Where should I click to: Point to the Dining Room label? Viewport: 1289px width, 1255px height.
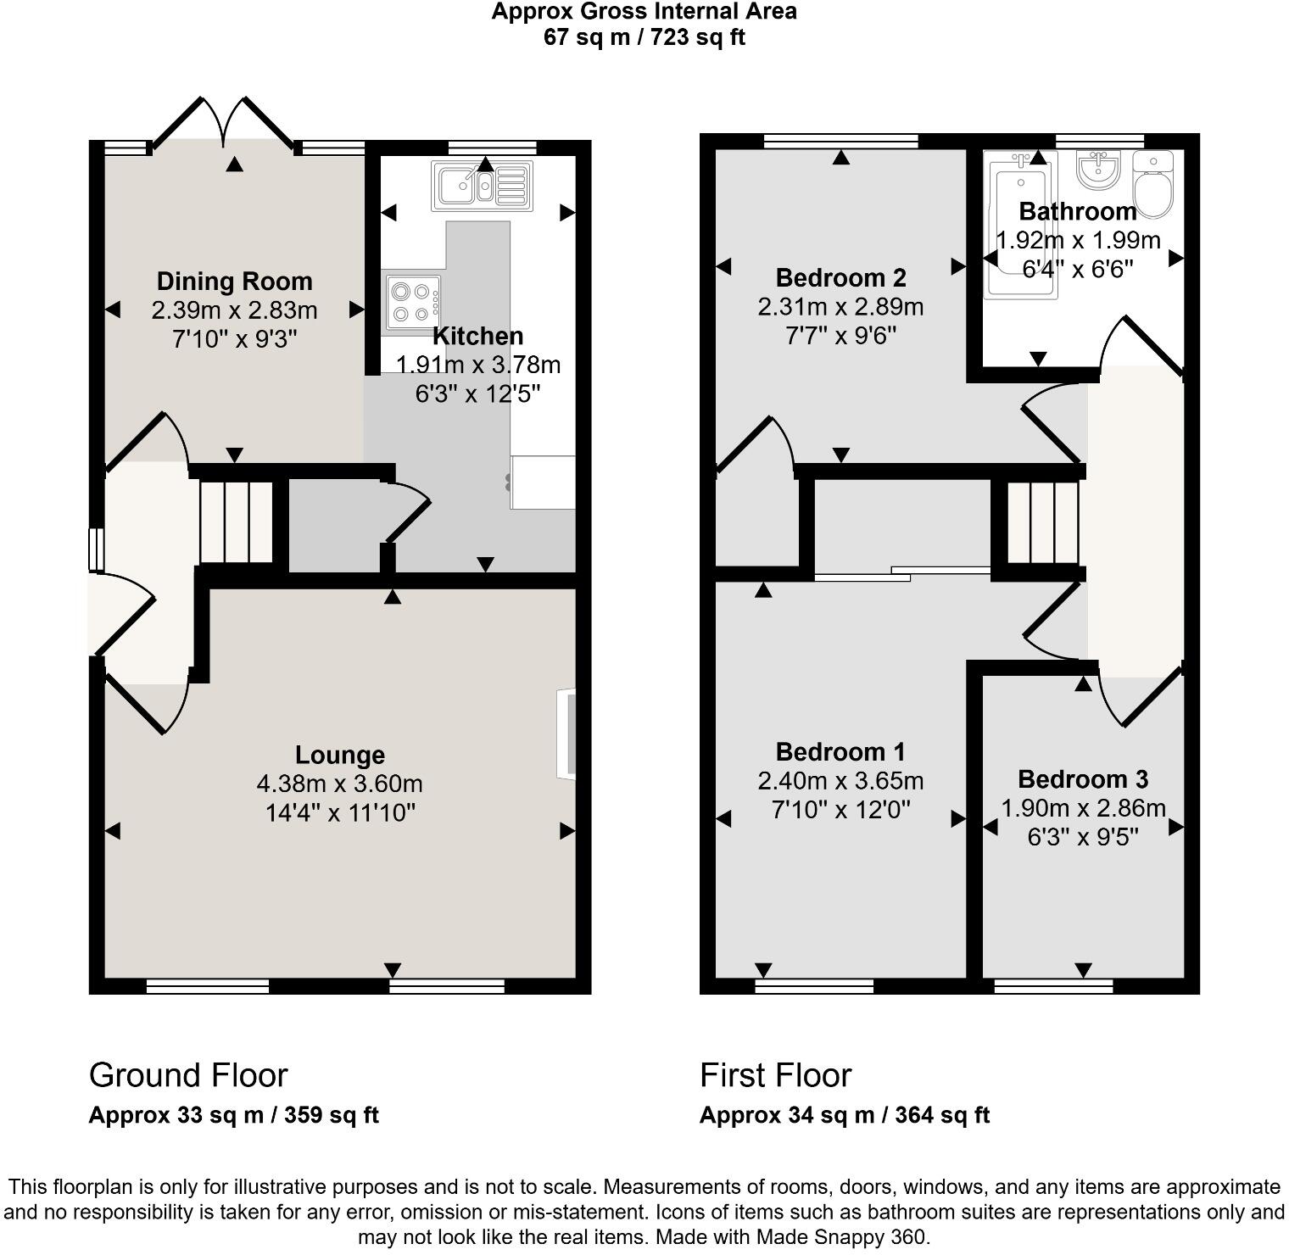point(235,282)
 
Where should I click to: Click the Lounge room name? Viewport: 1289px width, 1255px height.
point(340,755)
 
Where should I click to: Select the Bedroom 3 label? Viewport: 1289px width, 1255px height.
point(1083,779)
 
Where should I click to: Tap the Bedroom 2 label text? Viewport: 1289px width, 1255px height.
point(840,278)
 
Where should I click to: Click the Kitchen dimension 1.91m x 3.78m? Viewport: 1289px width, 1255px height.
point(478,365)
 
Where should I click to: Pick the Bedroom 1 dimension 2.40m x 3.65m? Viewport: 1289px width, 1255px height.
point(840,780)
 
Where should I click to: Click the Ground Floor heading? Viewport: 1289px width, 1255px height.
point(188,1075)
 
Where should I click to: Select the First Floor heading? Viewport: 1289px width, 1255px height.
point(775,1075)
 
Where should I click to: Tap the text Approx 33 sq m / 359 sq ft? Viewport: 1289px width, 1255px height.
point(233,1115)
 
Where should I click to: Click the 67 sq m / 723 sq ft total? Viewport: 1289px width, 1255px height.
point(644,37)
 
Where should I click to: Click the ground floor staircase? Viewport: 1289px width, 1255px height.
point(237,522)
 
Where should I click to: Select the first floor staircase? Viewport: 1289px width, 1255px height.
point(1042,522)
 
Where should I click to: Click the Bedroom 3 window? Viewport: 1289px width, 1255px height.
point(1053,986)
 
